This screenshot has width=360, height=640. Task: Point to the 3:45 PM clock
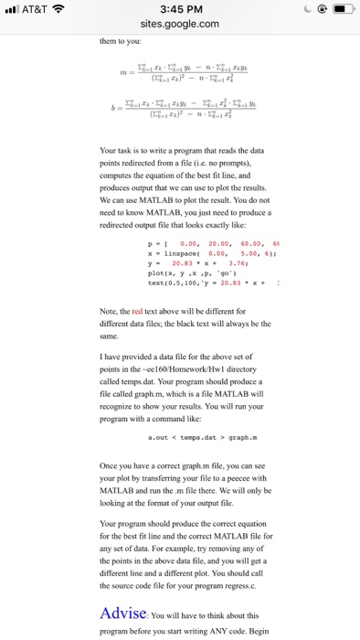179,9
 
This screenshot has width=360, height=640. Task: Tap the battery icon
336,9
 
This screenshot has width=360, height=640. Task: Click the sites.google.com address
179,25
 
